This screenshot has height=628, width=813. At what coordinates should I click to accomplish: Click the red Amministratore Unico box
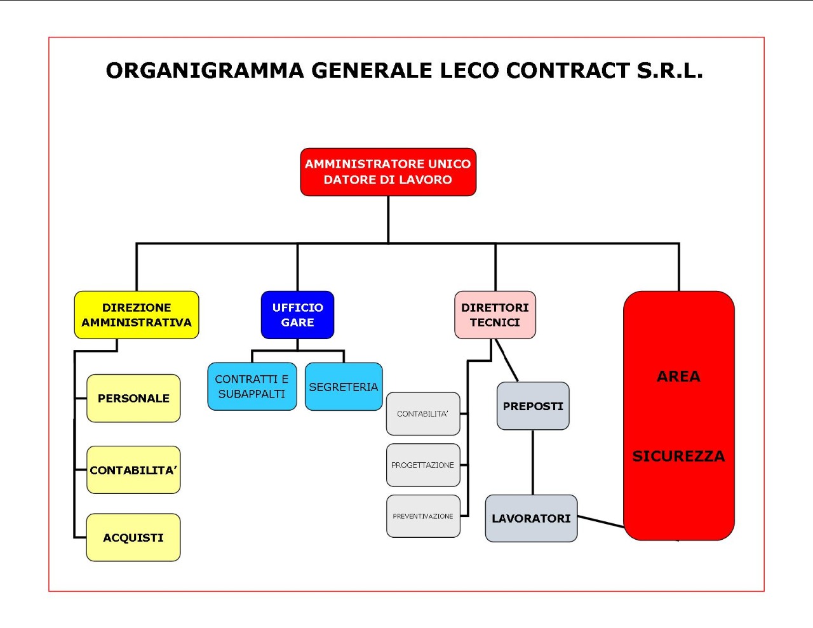point(388,172)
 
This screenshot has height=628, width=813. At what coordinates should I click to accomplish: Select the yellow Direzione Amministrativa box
point(137,315)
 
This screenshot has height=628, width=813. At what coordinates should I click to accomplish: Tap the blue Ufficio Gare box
point(297,315)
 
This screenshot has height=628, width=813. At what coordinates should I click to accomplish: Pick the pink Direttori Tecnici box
point(495,315)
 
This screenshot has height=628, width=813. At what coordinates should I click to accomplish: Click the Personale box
point(133,398)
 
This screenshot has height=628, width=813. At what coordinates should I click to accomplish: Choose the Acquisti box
point(133,537)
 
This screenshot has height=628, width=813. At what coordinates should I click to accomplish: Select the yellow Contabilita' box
point(133,470)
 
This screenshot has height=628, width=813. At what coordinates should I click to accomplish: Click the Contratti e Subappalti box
point(252,386)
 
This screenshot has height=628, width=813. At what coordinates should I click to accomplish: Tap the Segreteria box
point(344,387)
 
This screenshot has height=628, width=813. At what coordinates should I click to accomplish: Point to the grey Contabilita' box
point(423,414)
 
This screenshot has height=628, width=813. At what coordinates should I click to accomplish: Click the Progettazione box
point(423,465)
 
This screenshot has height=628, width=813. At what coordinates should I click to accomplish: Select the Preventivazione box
point(423,516)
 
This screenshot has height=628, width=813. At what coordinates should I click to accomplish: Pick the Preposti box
point(533,406)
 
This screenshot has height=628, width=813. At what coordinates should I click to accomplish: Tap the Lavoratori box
point(531,518)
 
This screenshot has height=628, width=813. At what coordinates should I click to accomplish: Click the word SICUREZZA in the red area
point(678,456)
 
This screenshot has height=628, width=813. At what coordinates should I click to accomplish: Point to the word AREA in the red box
point(678,377)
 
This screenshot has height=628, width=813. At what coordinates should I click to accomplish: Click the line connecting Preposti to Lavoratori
point(532,462)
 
